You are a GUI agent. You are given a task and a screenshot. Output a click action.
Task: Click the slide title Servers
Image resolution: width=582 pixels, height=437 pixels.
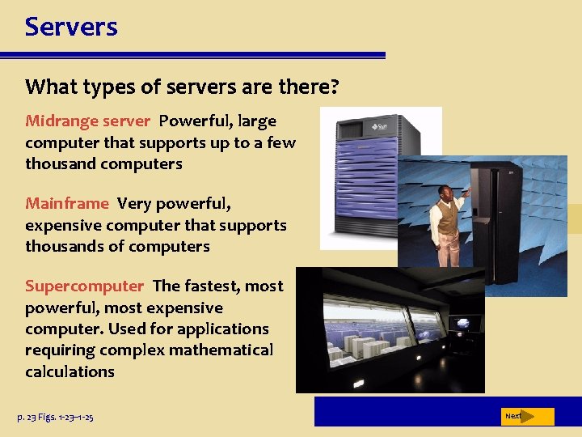pyautogui.click(x=71, y=27)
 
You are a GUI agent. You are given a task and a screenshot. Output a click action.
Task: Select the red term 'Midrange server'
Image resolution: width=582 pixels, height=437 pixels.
pyautogui.click(x=87, y=121)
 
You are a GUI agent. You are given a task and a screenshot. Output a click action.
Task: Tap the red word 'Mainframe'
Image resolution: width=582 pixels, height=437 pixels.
pyautogui.click(x=66, y=203)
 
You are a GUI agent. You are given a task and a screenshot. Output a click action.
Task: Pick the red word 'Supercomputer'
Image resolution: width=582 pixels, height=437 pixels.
pyautogui.click(x=84, y=286)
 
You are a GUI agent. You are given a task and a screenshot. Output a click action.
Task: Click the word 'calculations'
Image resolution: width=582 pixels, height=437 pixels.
pyautogui.click(x=70, y=371)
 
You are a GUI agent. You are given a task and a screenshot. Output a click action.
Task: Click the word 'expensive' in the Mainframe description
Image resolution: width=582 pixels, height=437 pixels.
pyautogui.click(x=63, y=225)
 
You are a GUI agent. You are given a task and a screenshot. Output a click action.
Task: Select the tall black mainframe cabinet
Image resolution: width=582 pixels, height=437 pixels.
pyautogui.click(x=498, y=211)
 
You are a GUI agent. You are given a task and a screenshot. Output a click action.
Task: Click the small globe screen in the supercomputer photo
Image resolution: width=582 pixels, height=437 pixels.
pyautogui.click(x=463, y=323)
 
